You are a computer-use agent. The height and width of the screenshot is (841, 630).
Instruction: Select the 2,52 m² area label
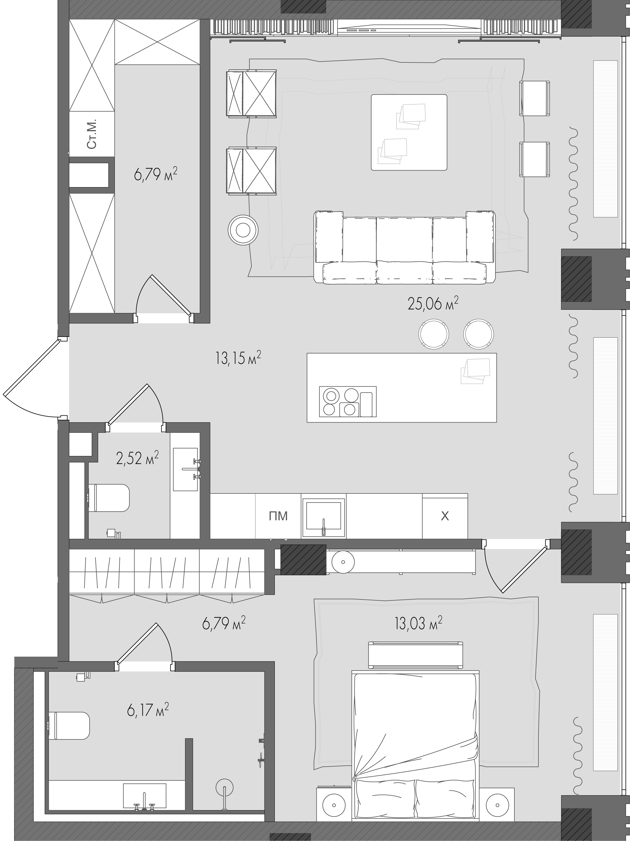pyautogui.click(x=137, y=458)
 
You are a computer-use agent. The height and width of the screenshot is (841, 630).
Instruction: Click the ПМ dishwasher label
pyautogui.click(x=278, y=516)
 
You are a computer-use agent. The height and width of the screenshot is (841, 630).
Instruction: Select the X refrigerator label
pyautogui.click(x=445, y=516)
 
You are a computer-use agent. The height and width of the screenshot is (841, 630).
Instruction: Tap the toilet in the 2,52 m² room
pyautogui.click(x=109, y=498)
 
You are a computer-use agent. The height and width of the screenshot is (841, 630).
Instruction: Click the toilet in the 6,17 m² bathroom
pyautogui.click(x=69, y=725)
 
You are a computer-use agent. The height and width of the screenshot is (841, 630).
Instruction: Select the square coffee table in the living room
pyautogui.click(x=409, y=132)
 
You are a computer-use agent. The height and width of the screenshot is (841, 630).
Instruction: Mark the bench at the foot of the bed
pyautogui.click(x=416, y=655)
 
